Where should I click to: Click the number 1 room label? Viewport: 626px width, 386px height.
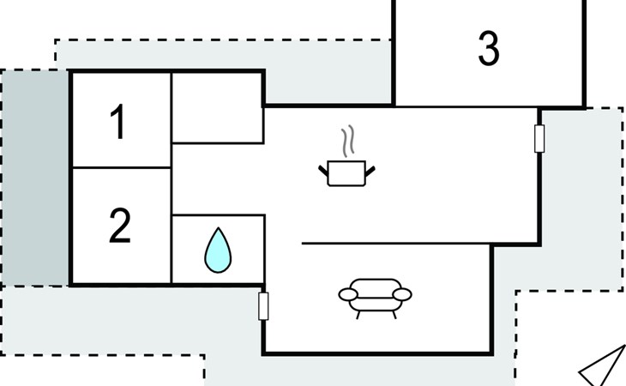(x=118, y=121)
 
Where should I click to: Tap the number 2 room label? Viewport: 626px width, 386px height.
(x=120, y=226)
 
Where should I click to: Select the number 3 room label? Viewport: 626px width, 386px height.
(x=489, y=48)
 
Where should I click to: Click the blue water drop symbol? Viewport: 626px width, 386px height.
(x=218, y=250)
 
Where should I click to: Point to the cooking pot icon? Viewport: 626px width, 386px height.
(x=346, y=173)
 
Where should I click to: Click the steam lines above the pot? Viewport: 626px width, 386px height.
(x=348, y=141)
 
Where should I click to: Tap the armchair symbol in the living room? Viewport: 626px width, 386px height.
(x=376, y=299)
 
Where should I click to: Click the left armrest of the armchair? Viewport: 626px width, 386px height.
(x=348, y=295)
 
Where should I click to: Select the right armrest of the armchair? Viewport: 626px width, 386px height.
(x=402, y=294)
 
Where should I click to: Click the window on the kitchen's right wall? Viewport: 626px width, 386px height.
(x=539, y=138)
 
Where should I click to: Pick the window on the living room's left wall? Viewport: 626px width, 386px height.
(x=263, y=306)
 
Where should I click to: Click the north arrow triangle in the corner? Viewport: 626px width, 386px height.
(x=603, y=367)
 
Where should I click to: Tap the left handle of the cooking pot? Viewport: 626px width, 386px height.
(x=323, y=171)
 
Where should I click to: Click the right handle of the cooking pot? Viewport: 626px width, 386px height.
(x=370, y=171)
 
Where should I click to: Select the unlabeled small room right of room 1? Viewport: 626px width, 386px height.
(x=218, y=108)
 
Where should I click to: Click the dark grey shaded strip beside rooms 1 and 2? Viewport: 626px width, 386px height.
(x=35, y=178)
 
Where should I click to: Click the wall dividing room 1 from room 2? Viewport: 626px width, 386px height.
(x=122, y=167)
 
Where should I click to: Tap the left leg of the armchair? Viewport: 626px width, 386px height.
(x=358, y=315)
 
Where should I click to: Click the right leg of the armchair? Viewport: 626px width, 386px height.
(x=394, y=315)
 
